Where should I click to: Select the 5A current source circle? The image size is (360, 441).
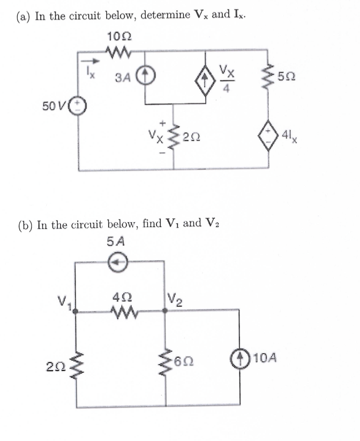(119, 262)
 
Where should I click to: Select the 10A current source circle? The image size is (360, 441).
(238, 358)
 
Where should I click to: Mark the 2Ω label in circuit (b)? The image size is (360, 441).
(55, 367)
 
